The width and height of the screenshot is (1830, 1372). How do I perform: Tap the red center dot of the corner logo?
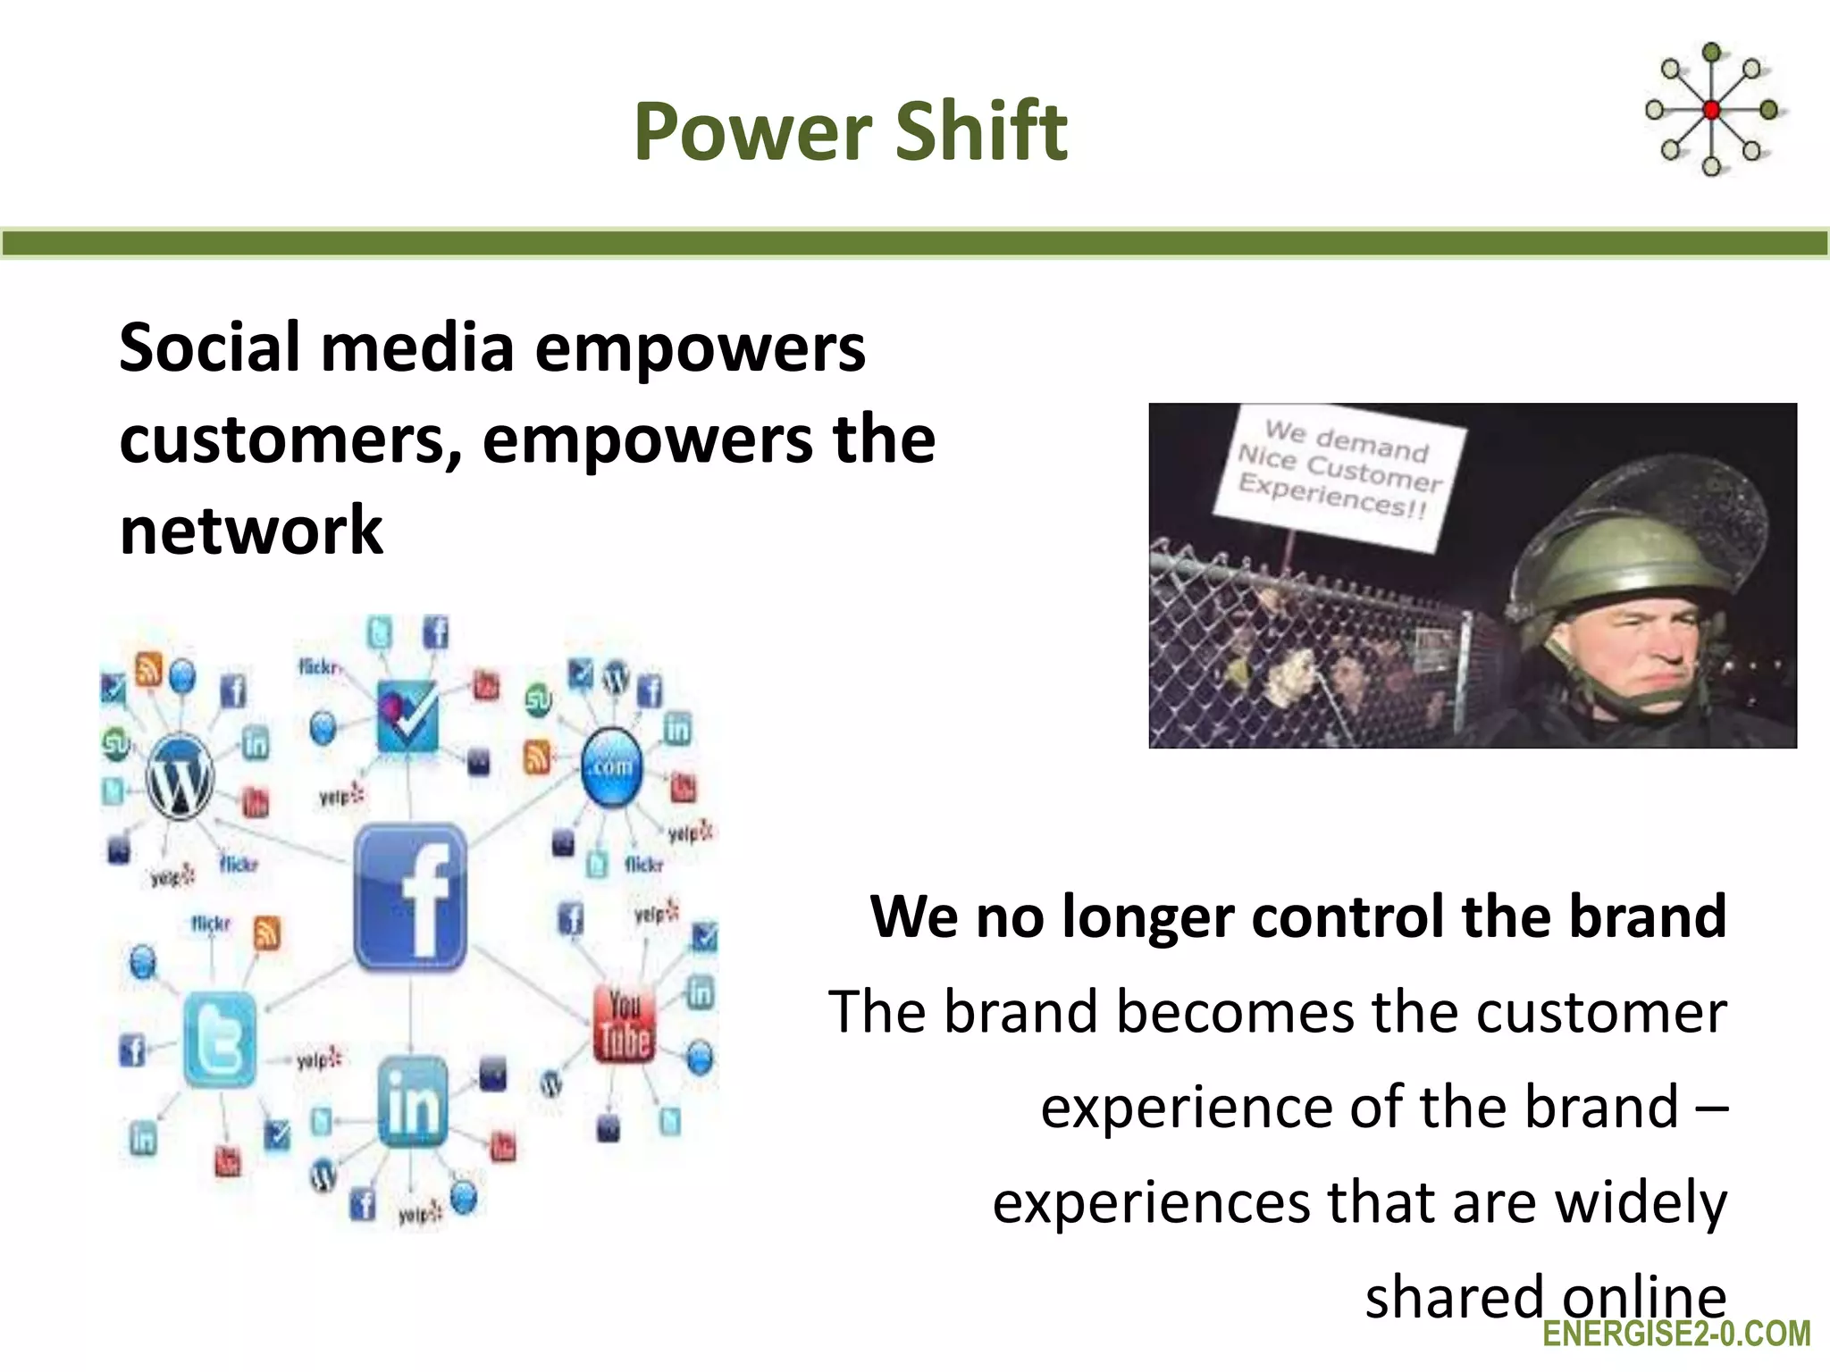tap(1711, 110)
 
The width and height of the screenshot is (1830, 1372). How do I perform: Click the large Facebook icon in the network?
tap(410, 898)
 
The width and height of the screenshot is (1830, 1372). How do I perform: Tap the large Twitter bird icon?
tap(219, 1040)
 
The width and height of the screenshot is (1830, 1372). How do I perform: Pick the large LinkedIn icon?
tap(412, 1103)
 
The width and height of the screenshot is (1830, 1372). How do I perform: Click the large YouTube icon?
tap(625, 1025)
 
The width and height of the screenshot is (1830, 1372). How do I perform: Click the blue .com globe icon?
tap(611, 766)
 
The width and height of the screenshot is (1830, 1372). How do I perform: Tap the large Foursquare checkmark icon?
tap(407, 715)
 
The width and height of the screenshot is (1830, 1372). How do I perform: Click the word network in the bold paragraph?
tap(251, 531)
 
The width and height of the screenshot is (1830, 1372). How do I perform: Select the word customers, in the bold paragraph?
tap(291, 440)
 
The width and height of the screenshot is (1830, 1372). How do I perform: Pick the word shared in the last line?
tap(1453, 1297)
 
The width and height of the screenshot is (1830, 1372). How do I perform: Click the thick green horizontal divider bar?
tap(915, 243)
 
